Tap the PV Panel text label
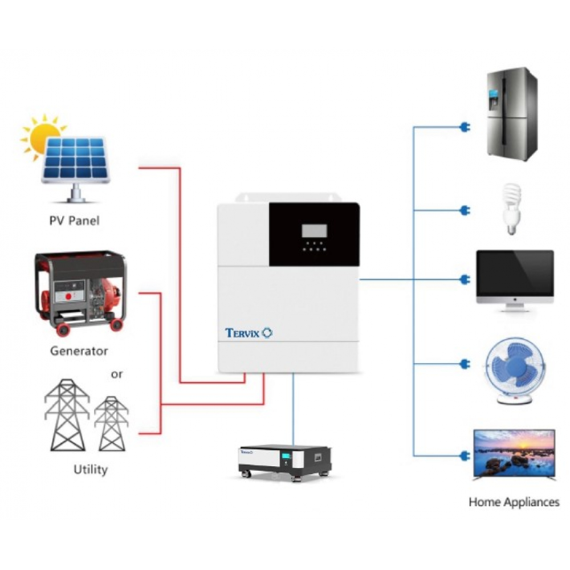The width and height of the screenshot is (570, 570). pos(74,221)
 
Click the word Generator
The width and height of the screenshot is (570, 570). pos(79,351)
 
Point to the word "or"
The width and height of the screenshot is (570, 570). pos(116,374)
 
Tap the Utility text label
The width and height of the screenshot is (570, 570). pos(90,470)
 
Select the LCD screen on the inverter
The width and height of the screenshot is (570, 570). pos(314,231)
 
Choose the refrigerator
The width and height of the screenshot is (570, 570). pos(512,114)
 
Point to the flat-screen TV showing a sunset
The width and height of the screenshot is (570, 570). pos(514,454)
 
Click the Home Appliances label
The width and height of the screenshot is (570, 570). pos(514,502)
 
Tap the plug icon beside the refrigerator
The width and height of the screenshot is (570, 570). pos(464,128)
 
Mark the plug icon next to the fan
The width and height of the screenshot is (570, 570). pos(464,363)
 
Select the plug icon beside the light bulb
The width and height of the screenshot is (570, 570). pos(464,210)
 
